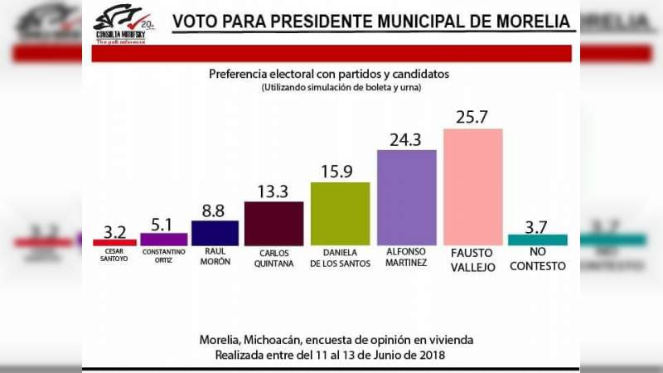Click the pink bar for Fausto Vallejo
(473, 186)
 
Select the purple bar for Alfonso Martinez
(407, 197)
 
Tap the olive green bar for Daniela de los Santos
(340, 213)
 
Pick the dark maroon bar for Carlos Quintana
(273, 223)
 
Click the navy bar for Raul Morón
(215, 232)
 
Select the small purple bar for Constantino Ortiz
(163, 239)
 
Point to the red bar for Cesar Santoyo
(114, 242)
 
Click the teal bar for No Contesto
(537, 240)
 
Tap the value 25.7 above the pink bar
(473, 115)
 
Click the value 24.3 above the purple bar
(407, 137)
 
